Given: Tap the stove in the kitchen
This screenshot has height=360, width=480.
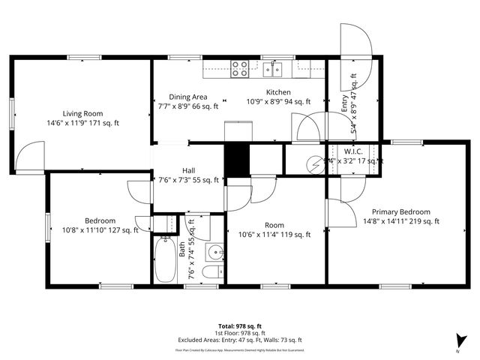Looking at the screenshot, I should coord(240,69).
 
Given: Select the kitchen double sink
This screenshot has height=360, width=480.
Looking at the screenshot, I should coord(273,70).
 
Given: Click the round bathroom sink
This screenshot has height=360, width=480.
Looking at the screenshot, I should coord(214,251).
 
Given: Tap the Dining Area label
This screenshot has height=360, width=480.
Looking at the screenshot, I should coord(187,97).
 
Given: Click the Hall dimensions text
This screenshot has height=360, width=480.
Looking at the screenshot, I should coord(187,180).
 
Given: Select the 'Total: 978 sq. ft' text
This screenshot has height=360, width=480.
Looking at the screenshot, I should coord(239,325).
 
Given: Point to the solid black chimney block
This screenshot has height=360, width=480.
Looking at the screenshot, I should coord(236,160).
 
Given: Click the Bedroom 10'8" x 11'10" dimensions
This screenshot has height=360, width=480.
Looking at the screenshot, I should coord(100,230).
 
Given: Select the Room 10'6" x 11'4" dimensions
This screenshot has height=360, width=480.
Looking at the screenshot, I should coord(274,235).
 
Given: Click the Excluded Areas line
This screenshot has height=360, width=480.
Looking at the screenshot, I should coord(239,339).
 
